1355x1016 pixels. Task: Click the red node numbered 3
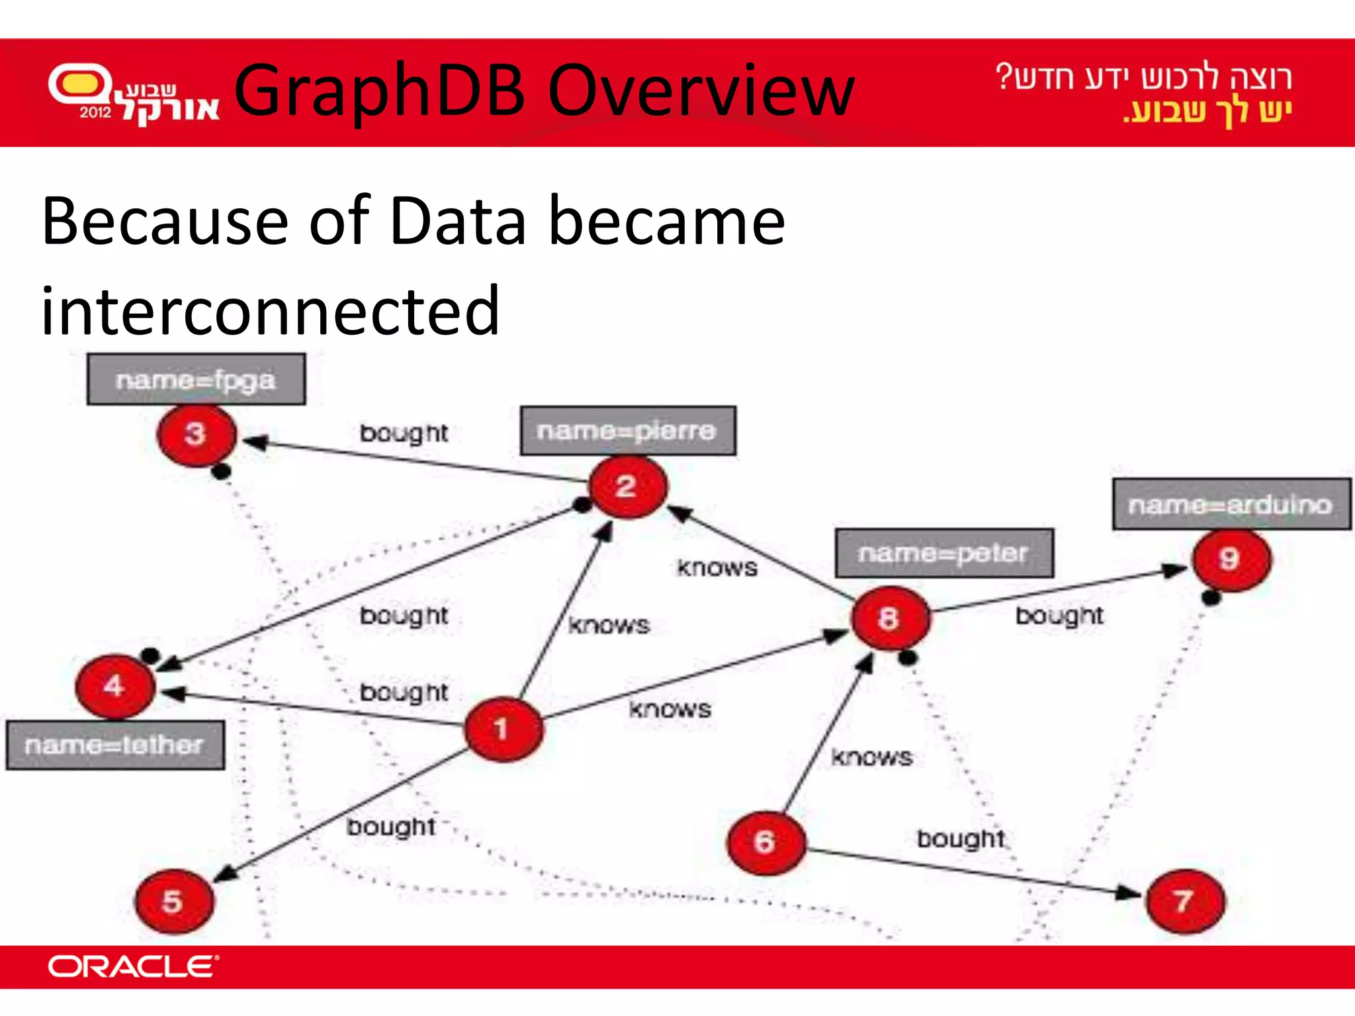pos(197,435)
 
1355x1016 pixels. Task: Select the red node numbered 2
pos(628,487)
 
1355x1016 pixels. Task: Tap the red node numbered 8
pos(890,618)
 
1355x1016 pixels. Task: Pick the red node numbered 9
pos(1231,560)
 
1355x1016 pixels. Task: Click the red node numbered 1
pos(503,729)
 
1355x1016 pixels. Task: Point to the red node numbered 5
pos(174,901)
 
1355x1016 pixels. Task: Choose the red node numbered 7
pos(1185,901)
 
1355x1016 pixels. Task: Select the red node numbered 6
pos(766,842)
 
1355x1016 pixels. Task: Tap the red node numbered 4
pos(115,686)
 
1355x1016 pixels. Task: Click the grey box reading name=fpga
pos(196,380)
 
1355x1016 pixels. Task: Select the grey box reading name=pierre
pos(628,431)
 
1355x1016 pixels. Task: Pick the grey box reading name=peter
pos(944,553)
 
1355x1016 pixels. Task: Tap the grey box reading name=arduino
pos(1231,505)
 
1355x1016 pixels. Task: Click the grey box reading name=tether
pos(115,745)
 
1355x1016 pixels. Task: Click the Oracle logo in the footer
pos(133,967)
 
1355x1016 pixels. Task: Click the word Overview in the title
pos(701,91)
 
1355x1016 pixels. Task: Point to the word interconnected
pos(270,311)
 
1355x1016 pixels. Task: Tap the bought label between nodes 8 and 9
pos(1059,616)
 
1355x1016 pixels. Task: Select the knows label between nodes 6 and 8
pos(871,757)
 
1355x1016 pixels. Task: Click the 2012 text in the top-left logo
pos(96,112)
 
